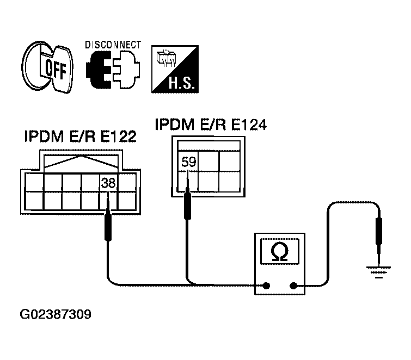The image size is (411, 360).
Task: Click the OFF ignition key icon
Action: (47, 67)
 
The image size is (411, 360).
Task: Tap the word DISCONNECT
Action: (113, 45)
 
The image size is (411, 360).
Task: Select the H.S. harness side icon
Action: (175, 69)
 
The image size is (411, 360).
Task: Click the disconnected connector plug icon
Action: (113, 70)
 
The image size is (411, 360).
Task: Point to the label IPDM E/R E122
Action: (81, 136)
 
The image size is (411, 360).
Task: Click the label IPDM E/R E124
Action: (211, 125)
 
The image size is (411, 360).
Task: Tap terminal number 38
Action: (108, 183)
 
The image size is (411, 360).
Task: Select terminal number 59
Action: (189, 162)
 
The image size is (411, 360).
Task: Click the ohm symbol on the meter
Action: (280, 251)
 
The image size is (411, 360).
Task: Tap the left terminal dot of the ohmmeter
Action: (266, 285)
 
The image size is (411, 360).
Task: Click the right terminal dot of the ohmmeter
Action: (293, 285)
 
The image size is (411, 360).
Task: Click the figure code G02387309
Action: (56, 314)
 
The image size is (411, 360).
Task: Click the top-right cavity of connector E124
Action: (229, 161)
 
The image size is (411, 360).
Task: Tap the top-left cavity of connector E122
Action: (34, 182)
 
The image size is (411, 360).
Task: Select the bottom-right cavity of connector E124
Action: (229, 182)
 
